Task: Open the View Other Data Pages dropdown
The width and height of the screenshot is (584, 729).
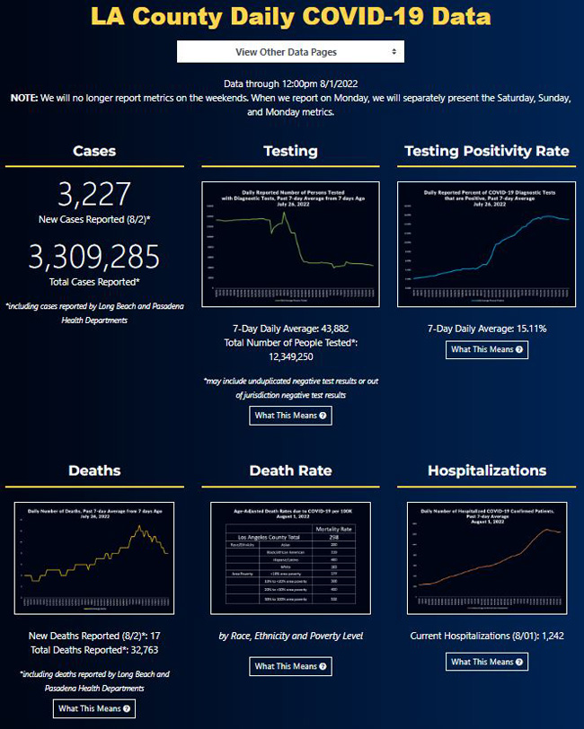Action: tap(290, 52)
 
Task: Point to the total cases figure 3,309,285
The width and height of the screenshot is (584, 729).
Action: tap(94, 258)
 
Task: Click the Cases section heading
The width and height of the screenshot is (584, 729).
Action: tap(94, 151)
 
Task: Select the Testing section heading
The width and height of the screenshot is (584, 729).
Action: tap(290, 151)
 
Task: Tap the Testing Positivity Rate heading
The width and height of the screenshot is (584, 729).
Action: tap(487, 151)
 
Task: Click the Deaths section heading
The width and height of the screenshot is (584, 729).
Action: tap(94, 470)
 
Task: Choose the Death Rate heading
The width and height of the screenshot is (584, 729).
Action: tap(290, 470)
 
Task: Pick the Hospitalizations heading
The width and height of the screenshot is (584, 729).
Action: tap(487, 470)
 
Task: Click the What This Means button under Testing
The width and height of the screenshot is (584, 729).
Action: tap(290, 416)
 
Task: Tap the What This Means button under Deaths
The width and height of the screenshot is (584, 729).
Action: tap(94, 709)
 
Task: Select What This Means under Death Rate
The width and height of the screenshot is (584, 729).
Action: tap(290, 666)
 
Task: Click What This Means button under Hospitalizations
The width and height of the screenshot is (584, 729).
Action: tap(487, 662)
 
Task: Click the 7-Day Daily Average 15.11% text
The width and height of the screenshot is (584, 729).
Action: tap(487, 328)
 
